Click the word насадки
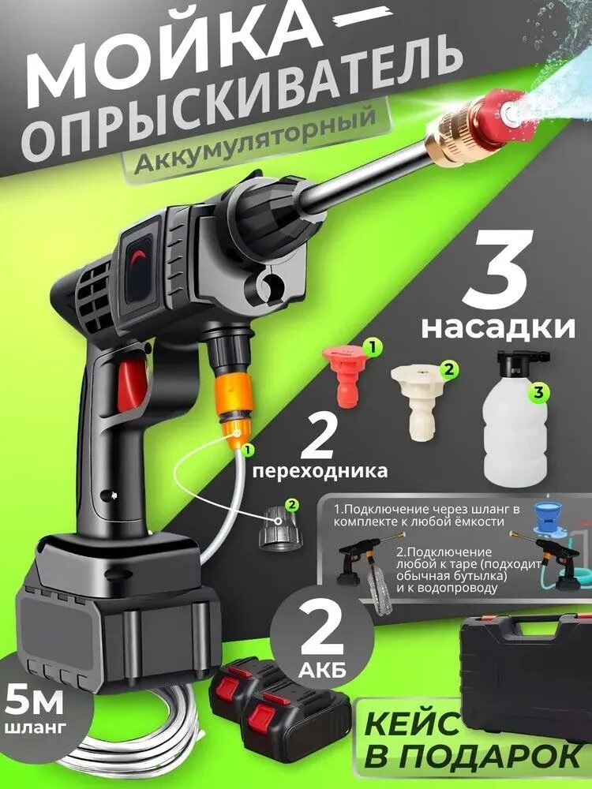tap(497, 327)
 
